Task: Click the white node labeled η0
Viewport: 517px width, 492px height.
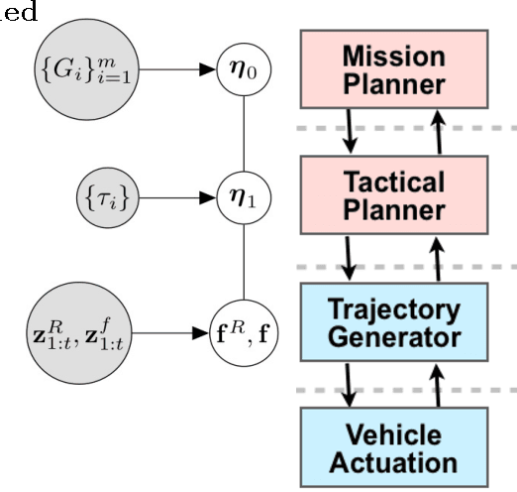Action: (244, 71)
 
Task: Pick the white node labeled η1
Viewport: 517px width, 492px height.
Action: (244, 198)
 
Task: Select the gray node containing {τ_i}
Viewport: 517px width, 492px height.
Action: (108, 198)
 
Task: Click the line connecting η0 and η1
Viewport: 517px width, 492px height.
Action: (244, 134)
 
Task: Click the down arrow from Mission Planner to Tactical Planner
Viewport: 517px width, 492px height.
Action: (350, 132)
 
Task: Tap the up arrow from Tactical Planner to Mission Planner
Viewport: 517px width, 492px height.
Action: (439, 132)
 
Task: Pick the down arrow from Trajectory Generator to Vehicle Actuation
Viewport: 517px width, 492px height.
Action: (350, 385)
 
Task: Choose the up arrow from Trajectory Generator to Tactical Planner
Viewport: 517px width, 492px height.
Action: (439, 259)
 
